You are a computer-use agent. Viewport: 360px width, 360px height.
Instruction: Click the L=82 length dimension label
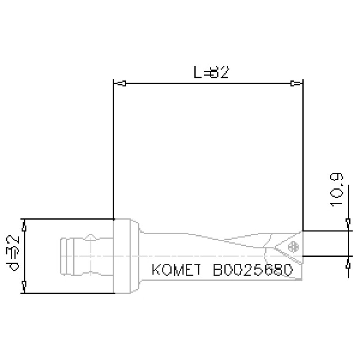coord(211,72)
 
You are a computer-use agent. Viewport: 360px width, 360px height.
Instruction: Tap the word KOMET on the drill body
coord(176,271)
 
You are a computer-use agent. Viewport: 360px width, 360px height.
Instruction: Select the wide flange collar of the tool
coord(125,256)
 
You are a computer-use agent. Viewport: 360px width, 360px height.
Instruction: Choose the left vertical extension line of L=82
coord(114,150)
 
